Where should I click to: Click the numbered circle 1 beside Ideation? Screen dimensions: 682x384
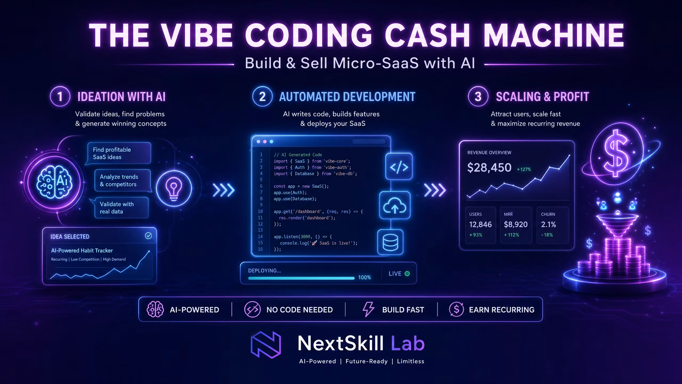tap(60, 97)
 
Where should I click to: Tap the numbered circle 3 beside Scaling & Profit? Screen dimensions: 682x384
tap(478, 97)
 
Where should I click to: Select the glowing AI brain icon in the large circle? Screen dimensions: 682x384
tap(54, 182)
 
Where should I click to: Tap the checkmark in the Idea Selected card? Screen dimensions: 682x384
tap(148, 236)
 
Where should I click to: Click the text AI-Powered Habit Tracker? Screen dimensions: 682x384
tap(82, 250)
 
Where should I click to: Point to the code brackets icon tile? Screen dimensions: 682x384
tap(399, 167)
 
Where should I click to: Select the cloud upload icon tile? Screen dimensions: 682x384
tap(395, 205)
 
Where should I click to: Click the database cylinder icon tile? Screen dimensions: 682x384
tap(390, 242)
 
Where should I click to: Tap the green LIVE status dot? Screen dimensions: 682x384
tap(407, 274)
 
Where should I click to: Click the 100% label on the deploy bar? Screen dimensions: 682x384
tap(364, 277)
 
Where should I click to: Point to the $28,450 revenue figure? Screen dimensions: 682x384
tap(489, 167)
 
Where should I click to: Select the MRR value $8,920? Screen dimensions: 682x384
tap(516, 225)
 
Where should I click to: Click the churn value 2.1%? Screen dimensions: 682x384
tap(549, 225)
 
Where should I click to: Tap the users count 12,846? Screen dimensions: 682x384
tap(480, 225)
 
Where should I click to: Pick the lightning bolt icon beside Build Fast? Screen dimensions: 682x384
tap(368, 309)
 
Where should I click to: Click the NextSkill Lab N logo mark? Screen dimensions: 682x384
tap(266, 345)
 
